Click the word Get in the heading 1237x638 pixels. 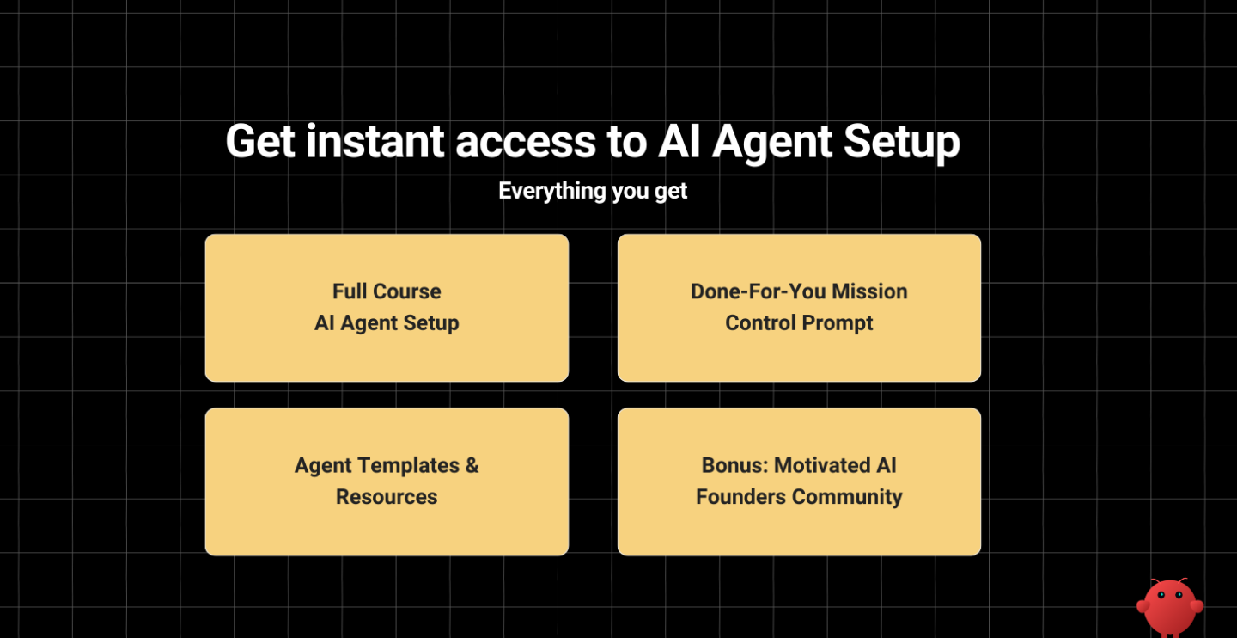(x=259, y=142)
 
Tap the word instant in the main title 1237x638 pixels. (x=375, y=142)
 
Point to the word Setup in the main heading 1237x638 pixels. (x=901, y=142)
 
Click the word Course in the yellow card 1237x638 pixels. (x=407, y=291)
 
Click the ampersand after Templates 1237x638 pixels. (x=472, y=465)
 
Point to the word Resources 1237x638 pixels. (x=387, y=497)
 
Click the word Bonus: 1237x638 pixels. (x=734, y=465)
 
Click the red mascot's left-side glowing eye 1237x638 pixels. (x=1161, y=594)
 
